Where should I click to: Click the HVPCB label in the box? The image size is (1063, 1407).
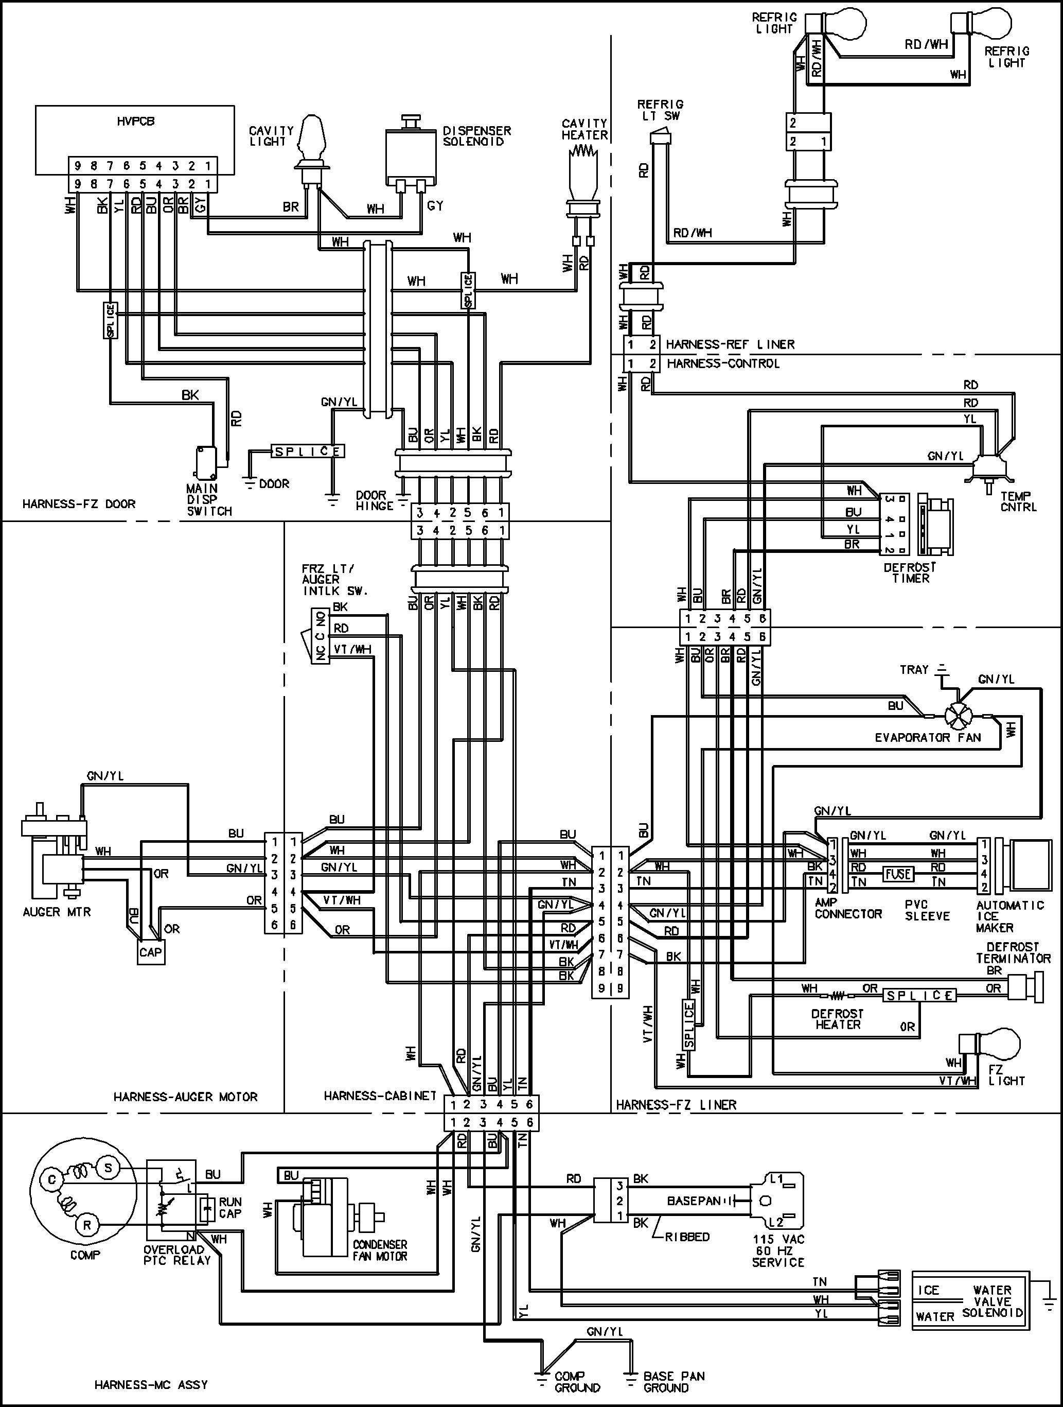click(135, 121)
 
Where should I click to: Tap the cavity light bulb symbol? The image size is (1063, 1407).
click(312, 138)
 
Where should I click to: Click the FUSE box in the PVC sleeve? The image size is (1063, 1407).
click(898, 874)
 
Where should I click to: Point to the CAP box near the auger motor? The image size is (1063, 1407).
click(151, 952)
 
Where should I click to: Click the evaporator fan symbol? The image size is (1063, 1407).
click(955, 717)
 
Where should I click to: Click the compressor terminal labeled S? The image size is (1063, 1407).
click(108, 1167)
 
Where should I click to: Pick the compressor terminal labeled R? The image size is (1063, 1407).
click(86, 1224)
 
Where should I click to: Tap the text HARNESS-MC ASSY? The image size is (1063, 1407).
click(151, 1385)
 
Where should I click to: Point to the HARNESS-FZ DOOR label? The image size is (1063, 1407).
click(79, 504)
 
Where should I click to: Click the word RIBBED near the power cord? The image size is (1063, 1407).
click(686, 1237)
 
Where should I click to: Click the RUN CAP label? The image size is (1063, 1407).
click(230, 1207)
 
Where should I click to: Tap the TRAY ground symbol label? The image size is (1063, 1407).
click(914, 670)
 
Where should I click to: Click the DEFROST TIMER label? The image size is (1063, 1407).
click(910, 572)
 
